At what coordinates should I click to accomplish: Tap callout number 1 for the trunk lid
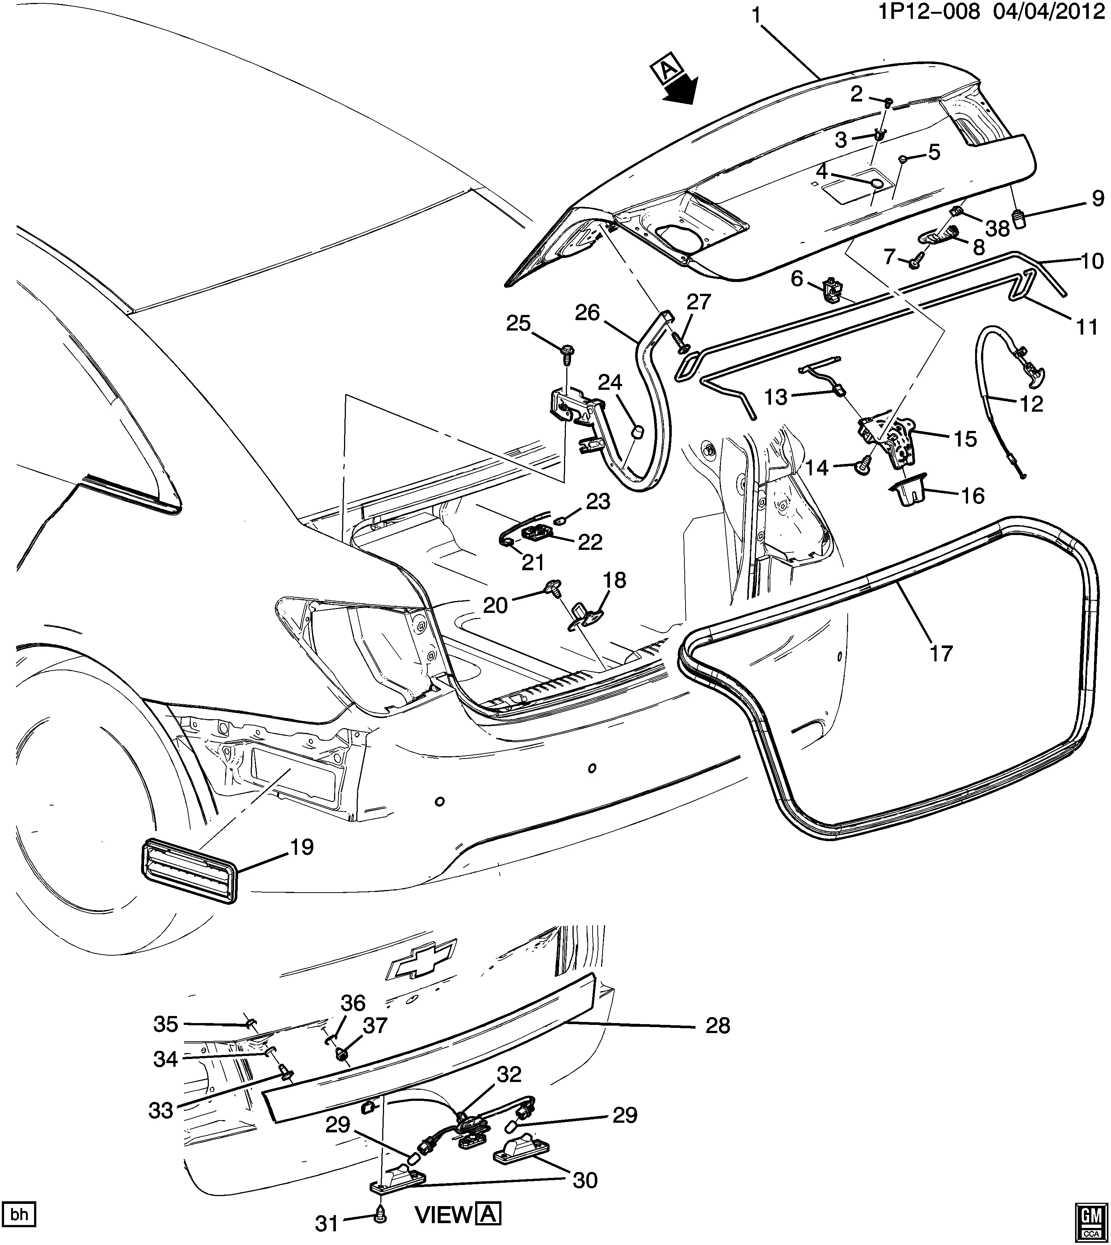[x=756, y=17]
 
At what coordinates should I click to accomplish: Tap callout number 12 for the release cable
[x=1032, y=404]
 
